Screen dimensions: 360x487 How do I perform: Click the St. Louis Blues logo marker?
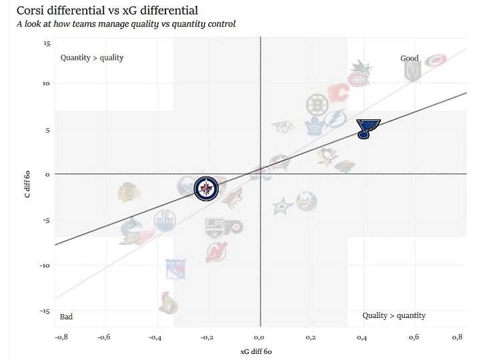coord(367,128)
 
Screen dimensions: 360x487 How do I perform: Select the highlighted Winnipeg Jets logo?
coord(206,189)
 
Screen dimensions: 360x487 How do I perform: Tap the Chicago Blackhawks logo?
coord(129,193)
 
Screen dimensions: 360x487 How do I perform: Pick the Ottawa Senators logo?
coord(168,303)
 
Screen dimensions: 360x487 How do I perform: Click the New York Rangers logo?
coord(175,269)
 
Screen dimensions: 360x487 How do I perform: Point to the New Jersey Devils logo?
coord(216,252)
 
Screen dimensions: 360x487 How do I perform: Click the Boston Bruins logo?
coord(318,105)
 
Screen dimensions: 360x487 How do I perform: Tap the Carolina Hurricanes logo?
coord(436,61)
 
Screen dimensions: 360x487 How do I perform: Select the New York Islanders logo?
coord(306,201)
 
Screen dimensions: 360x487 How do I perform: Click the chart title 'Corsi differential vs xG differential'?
coord(107,11)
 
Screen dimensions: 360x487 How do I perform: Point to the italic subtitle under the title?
coord(126,24)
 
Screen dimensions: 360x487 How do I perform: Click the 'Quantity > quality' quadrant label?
coord(92,57)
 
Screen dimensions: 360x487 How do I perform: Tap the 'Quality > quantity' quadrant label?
coord(394,315)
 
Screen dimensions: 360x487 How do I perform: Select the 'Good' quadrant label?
coord(409,58)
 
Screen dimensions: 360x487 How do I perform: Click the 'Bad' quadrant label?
coord(66,317)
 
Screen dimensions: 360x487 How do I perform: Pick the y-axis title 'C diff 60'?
coord(27,184)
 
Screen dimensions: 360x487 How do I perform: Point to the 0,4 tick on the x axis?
coord(362,338)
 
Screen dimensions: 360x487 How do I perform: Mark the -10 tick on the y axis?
coord(45,265)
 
